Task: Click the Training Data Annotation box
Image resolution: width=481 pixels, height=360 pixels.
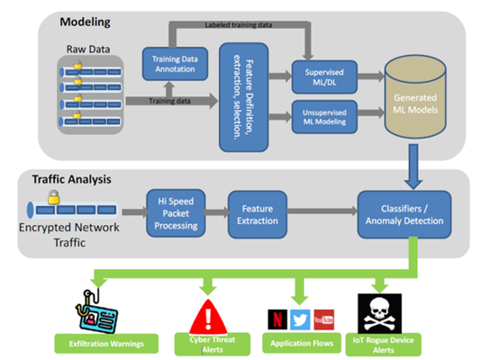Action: (175, 64)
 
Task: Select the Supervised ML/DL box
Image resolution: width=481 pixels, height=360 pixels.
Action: (324, 76)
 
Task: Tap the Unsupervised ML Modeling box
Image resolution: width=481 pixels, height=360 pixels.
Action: (324, 117)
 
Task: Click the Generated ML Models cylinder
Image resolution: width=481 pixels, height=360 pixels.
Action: (415, 96)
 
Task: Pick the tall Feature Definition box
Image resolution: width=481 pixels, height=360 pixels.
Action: (244, 97)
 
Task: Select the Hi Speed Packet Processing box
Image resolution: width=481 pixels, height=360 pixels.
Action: (176, 213)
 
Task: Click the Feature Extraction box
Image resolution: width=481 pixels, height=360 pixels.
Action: (258, 214)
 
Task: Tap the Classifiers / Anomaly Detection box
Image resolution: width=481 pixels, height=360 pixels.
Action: (404, 214)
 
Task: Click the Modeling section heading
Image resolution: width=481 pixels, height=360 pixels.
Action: (85, 22)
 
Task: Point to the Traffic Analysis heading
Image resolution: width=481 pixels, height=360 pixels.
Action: (71, 179)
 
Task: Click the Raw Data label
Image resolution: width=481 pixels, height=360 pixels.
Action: (88, 49)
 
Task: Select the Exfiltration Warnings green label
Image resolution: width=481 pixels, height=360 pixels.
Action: (106, 344)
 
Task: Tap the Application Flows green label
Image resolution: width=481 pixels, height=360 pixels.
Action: (302, 343)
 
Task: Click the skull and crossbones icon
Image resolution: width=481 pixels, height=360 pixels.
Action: (380, 313)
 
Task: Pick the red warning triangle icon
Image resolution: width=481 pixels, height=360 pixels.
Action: (209, 317)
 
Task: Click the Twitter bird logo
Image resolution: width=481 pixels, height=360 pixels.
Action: (300, 319)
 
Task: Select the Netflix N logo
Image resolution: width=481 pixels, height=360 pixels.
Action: (277, 319)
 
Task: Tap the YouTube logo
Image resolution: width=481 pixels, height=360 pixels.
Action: (324, 319)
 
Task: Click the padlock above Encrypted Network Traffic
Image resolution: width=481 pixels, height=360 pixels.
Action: (54, 197)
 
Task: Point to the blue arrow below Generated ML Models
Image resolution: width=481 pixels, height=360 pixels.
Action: (413, 166)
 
